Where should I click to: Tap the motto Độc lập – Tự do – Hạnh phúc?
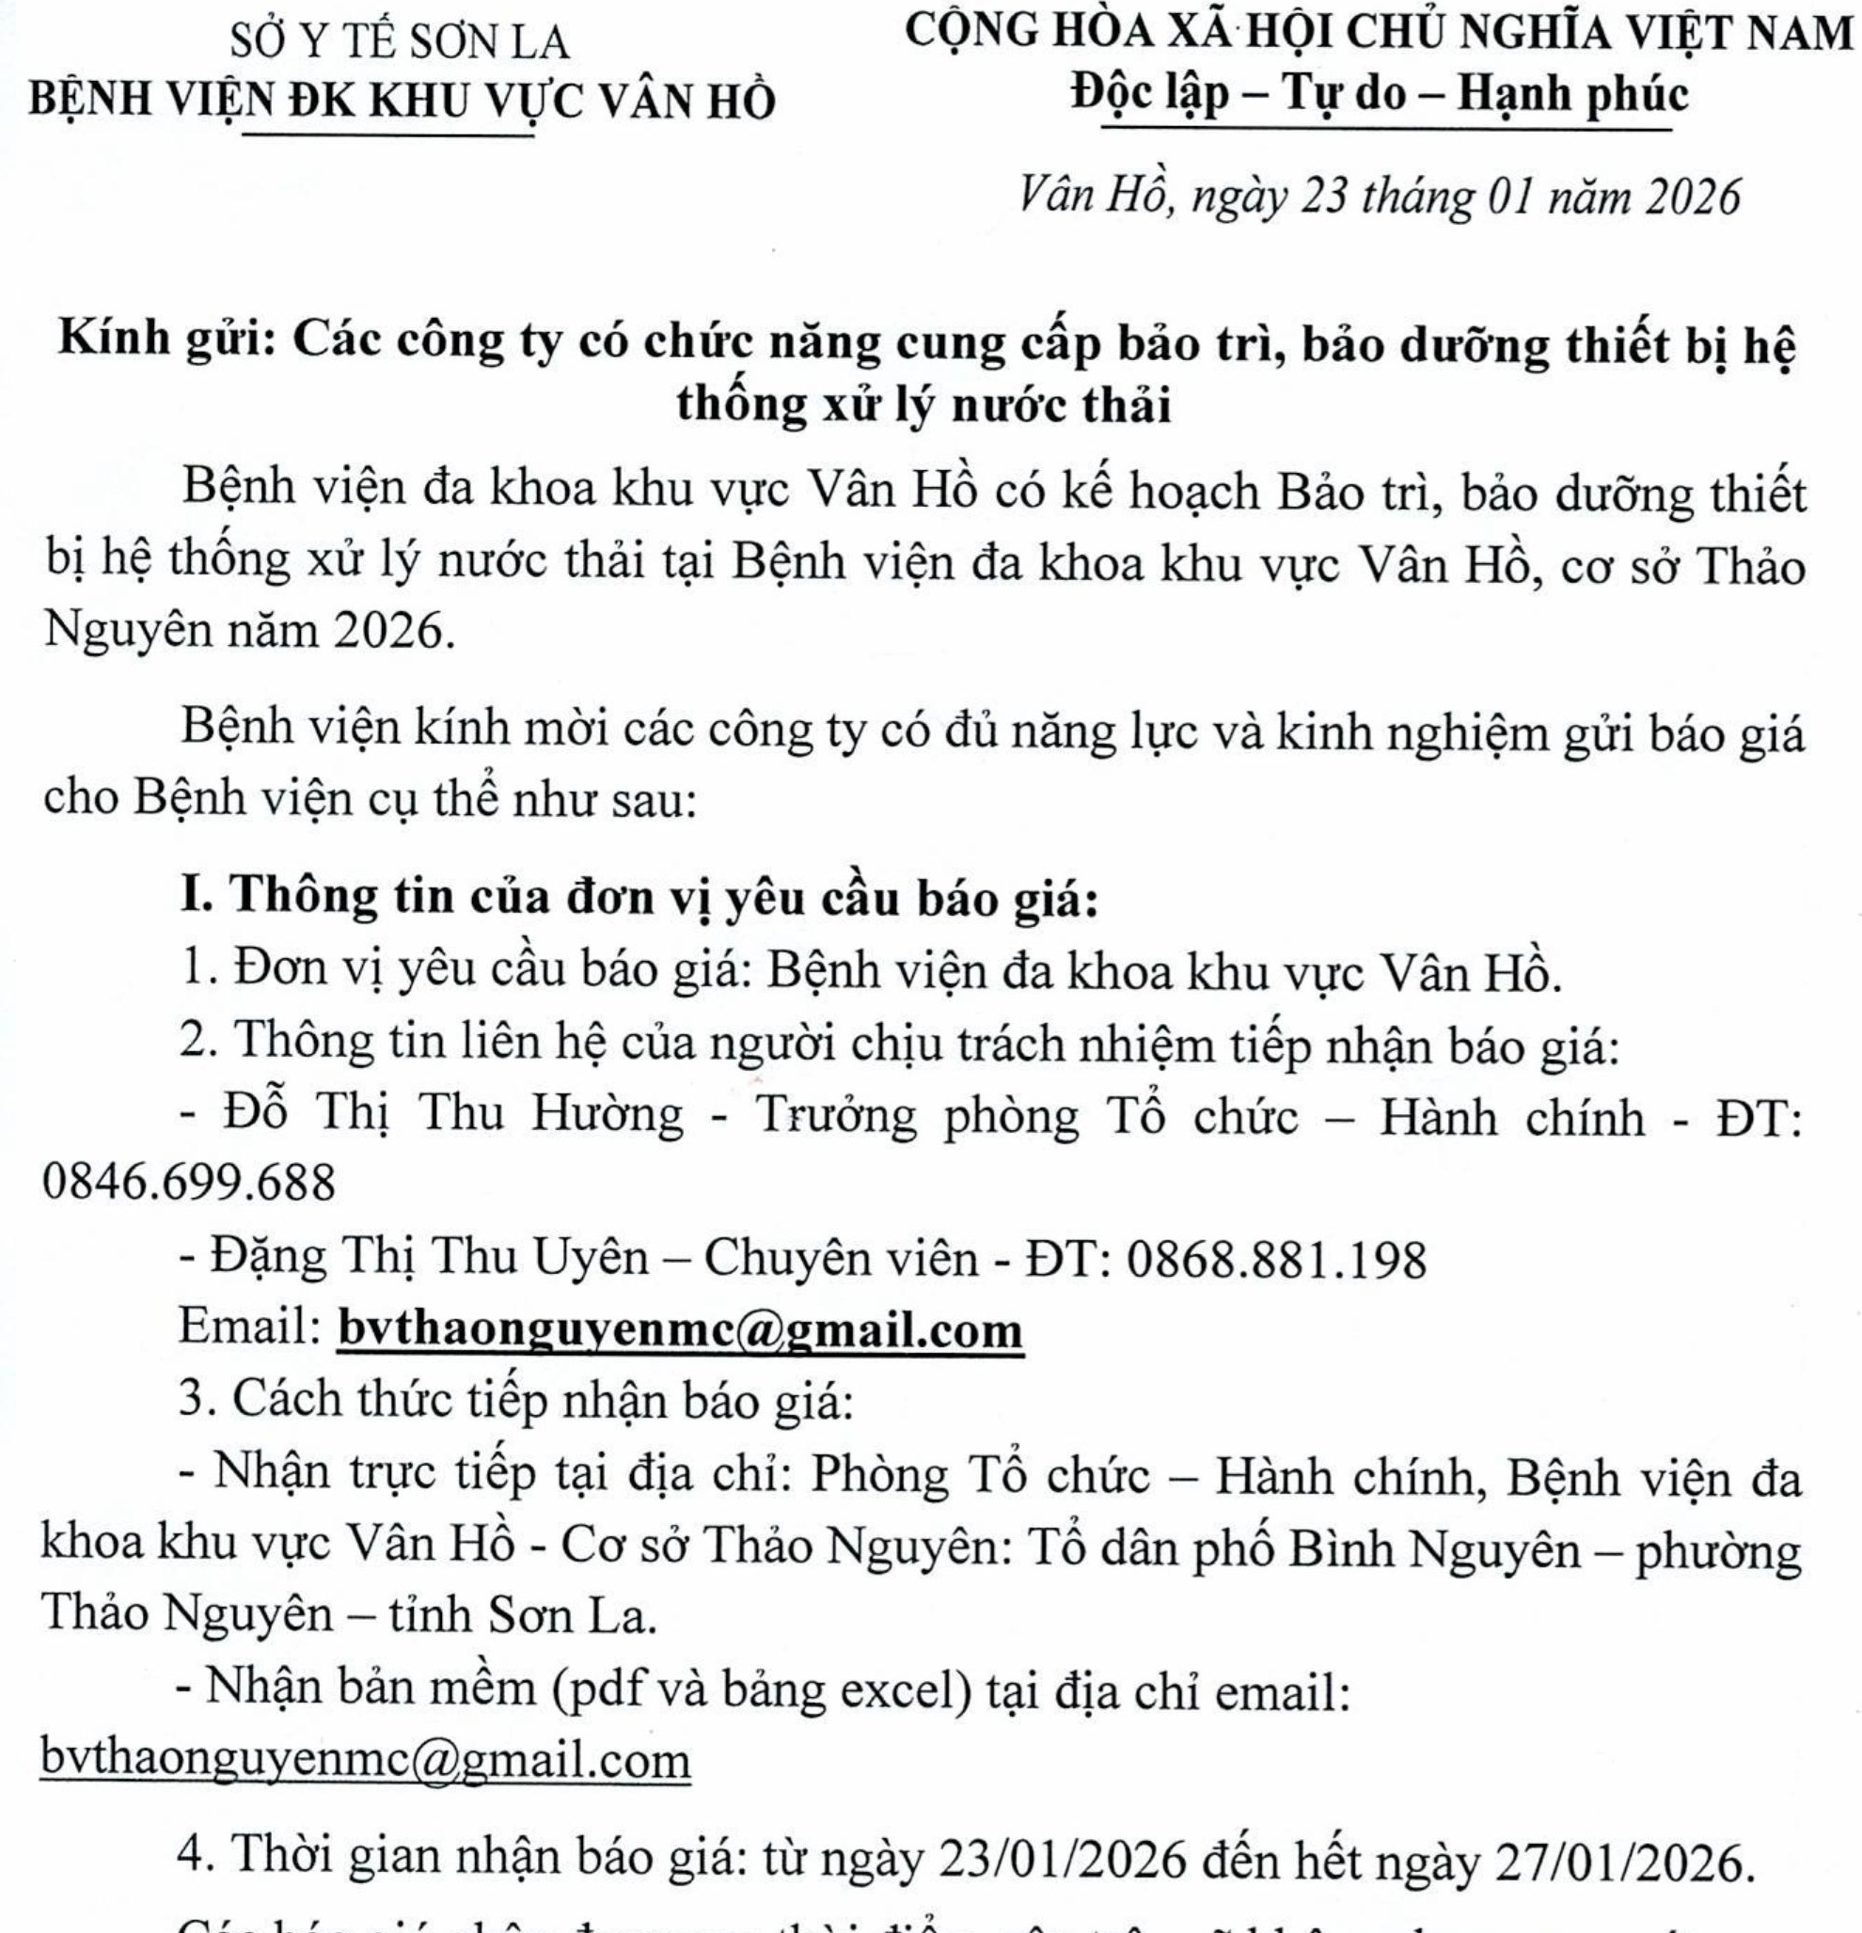pos(1381,95)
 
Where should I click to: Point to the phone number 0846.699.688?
pos(188,1181)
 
